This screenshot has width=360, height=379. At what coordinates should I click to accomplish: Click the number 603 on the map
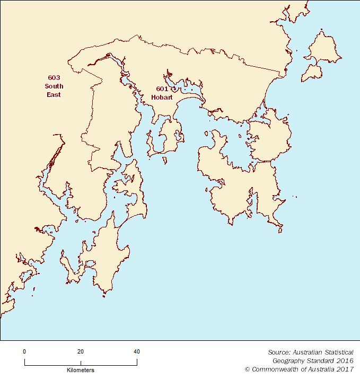click(x=54, y=77)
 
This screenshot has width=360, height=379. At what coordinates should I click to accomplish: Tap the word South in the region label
click(x=54, y=86)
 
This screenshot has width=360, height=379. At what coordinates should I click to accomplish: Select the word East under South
click(x=54, y=94)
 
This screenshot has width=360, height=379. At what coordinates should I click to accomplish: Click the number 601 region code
click(x=162, y=89)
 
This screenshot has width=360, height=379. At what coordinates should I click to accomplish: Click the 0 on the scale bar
click(x=24, y=351)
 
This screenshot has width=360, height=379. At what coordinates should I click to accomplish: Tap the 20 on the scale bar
click(x=81, y=351)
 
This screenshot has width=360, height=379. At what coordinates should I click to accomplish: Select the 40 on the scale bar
click(x=137, y=351)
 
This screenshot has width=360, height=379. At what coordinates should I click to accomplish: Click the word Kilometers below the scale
click(x=81, y=369)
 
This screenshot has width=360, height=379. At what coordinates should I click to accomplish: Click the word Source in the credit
click(x=279, y=352)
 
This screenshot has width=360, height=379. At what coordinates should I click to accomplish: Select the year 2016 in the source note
click(x=346, y=360)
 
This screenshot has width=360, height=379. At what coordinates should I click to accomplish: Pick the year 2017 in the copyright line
click(x=346, y=369)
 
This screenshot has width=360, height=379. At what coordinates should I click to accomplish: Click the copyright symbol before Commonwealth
click(x=247, y=369)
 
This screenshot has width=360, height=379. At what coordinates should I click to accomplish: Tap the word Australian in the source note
click(x=307, y=352)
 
